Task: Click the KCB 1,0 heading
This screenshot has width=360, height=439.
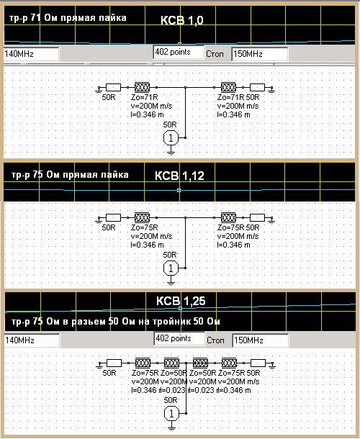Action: pos(182,20)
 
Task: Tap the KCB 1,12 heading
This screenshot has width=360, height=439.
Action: pos(179,176)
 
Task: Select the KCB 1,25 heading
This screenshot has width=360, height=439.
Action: pos(181,301)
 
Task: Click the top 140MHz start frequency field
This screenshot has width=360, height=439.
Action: pos(32,54)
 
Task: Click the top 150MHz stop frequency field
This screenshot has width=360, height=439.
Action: pos(260,54)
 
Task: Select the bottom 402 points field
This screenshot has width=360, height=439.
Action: pos(179,338)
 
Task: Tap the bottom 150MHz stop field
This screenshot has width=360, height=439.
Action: pos(261,340)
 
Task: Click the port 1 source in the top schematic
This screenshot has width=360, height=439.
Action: pos(171,137)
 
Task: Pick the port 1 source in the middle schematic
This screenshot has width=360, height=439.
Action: pos(171,268)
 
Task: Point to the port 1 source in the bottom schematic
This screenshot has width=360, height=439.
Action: pos(171,414)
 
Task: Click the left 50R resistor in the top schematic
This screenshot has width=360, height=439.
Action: pos(113,88)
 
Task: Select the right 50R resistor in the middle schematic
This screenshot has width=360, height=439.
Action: pos(257,218)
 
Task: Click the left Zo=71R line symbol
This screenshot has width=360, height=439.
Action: pos(142,87)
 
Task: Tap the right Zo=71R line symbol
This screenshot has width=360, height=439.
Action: pos(228,87)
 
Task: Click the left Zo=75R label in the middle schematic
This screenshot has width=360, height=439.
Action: pos(144,227)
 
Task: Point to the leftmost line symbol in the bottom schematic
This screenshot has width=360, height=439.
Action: pos(143,363)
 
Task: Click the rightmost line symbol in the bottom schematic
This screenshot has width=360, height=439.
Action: pos(229,363)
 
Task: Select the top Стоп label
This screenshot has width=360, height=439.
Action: pos(215,54)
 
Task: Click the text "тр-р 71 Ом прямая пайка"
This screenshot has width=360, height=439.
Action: pos(68,18)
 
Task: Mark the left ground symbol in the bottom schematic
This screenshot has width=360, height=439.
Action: pos(100,364)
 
